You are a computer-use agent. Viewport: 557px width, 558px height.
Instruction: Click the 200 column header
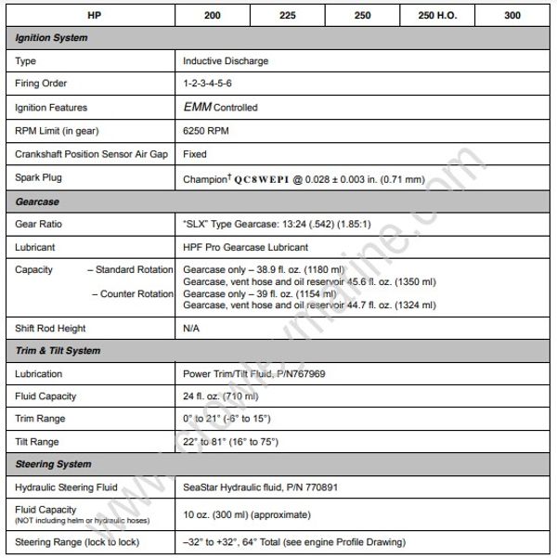(213, 15)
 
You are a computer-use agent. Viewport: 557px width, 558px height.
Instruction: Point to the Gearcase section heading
(38, 201)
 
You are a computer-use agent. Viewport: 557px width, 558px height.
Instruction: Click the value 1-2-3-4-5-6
(210, 84)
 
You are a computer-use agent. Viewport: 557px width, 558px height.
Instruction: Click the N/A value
(192, 328)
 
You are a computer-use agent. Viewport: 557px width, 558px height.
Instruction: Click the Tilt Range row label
(38, 441)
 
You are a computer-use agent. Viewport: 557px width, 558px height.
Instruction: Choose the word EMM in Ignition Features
(200, 107)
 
